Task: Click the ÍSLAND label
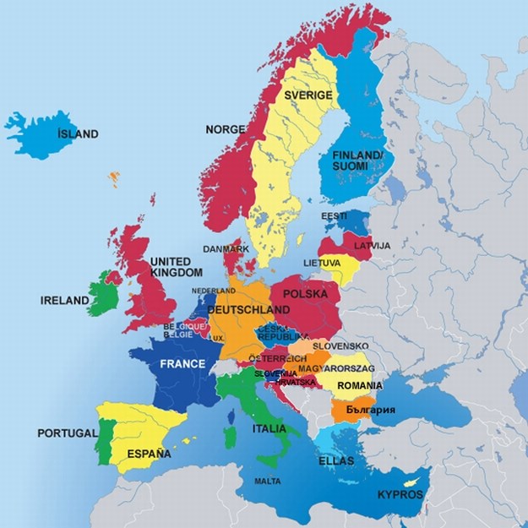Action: pyautogui.click(x=78, y=133)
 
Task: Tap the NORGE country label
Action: pyautogui.click(x=225, y=129)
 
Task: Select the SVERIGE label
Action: pyautogui.click(x=308, y=95)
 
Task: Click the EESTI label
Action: pyautogui.click(x=334, y=216)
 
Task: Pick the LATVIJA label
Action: pyautogui.click(x=372, y=245)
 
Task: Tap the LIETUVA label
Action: pyautogui.click(x=322, y=263)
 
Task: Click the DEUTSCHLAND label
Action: pyautogui.click(x=248, y=310)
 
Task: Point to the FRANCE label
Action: pyautogui.click(x=182, y=364)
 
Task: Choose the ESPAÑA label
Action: pyautogui.click(x=149, y=454)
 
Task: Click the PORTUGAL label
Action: pyautogui.click(x=68, y=433)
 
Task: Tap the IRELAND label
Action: pyautogui.click(x=65, y=300)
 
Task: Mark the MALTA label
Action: pyautogui.click(x=268, y=482)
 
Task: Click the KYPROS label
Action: pyautogui.click(x=400, y=493)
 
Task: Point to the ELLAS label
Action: pyautogui.click(x=336, y=461)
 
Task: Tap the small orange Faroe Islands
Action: pyautogui.click(x=114, y=177)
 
